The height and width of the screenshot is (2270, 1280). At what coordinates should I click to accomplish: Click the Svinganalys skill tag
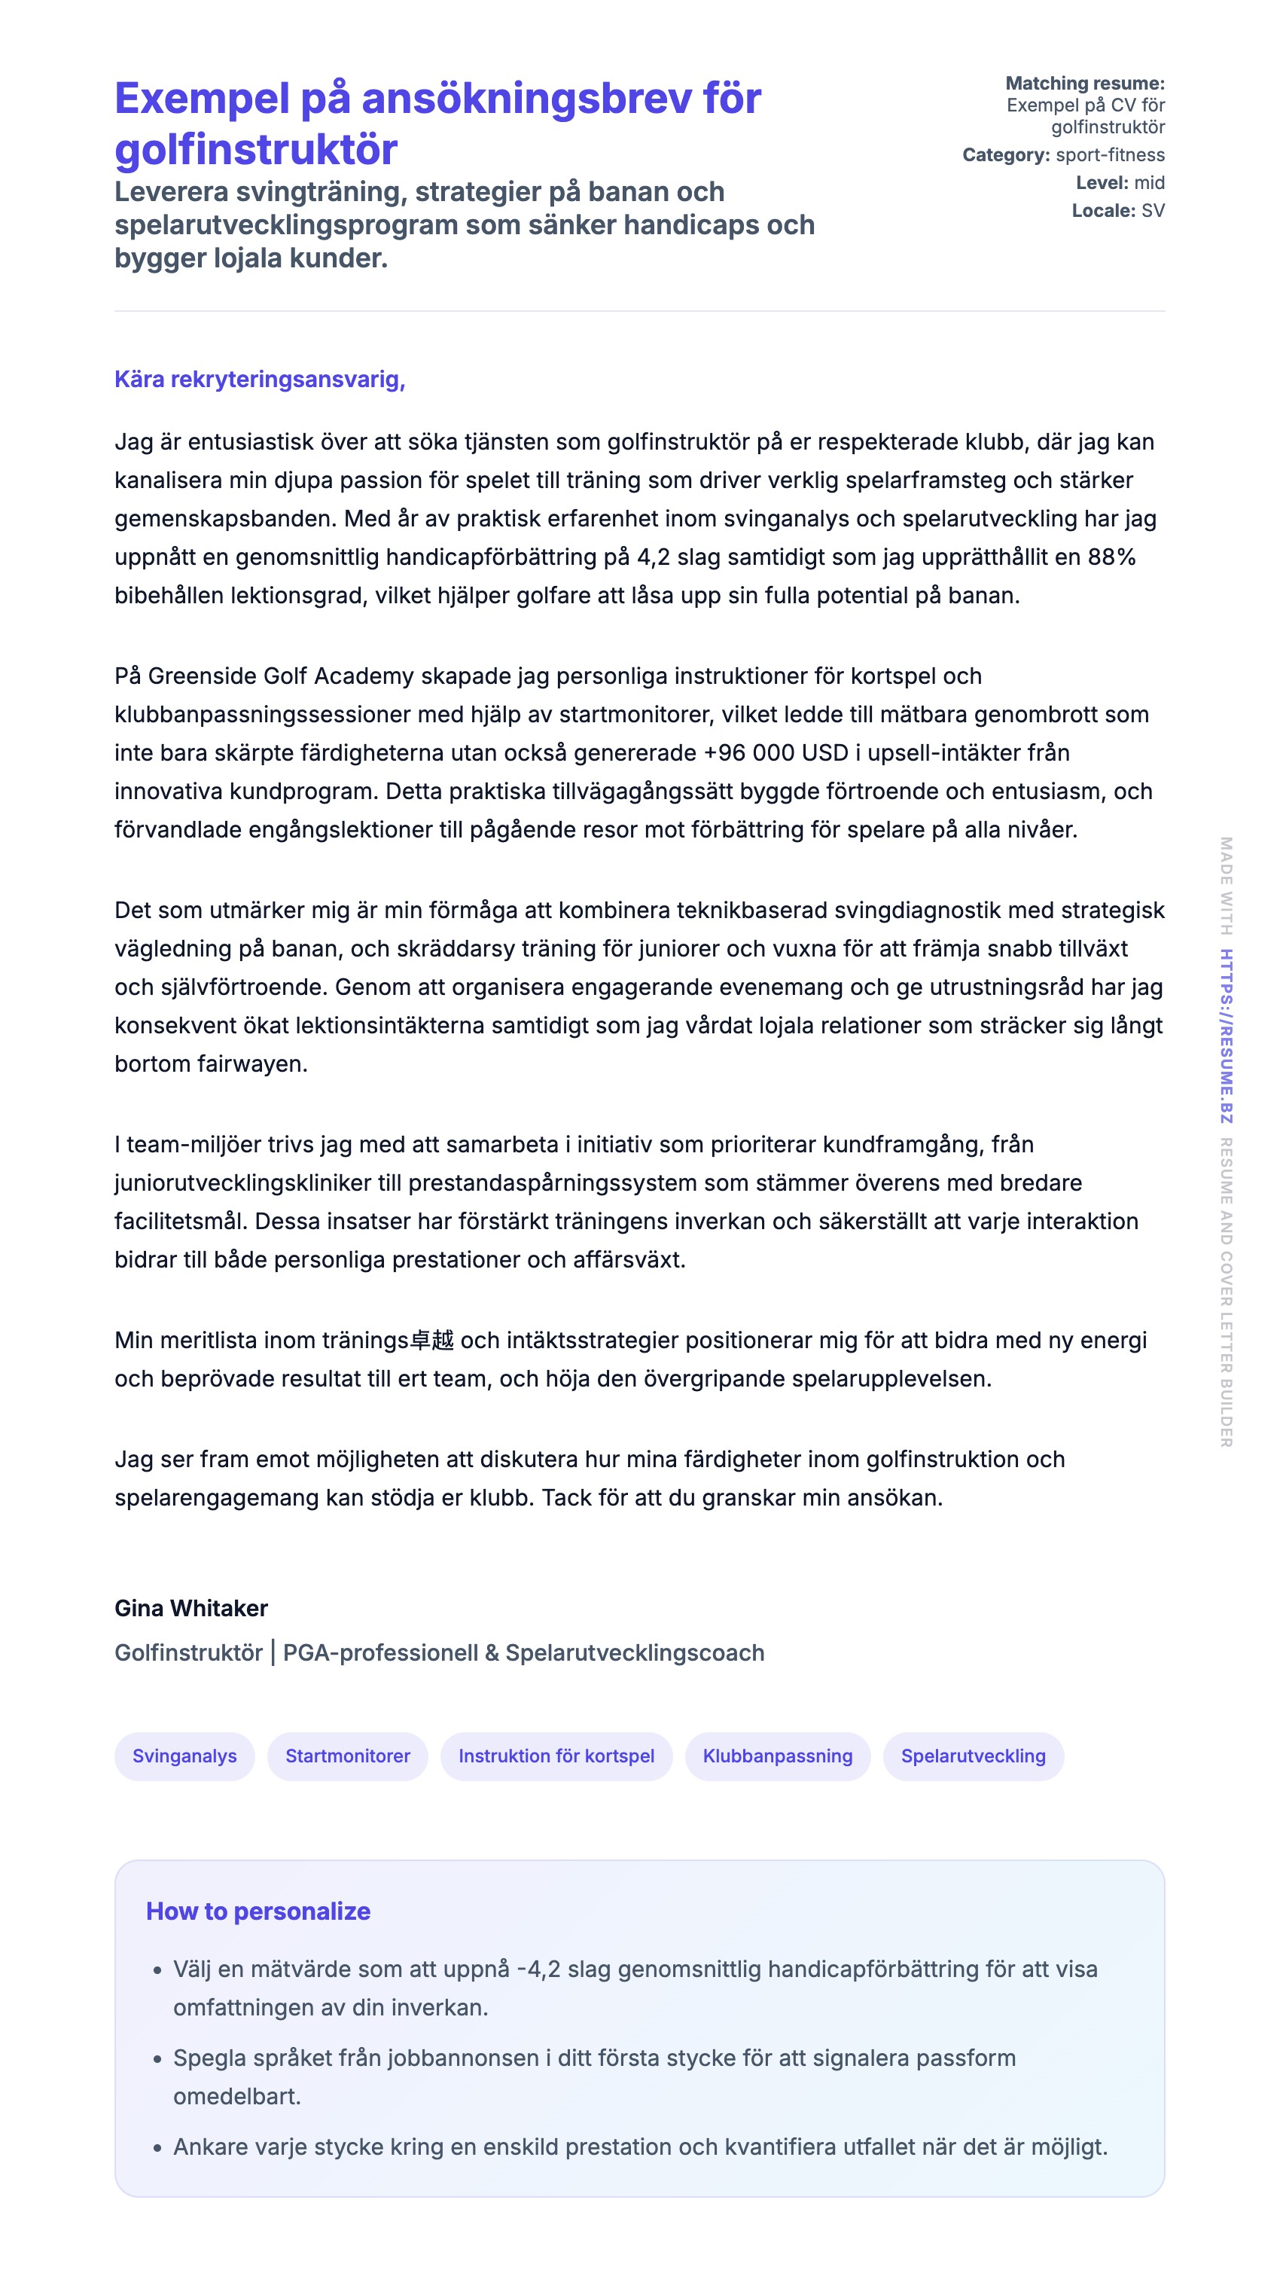click(x=184, y=1756)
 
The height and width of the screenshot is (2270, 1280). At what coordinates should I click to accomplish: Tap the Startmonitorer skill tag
click(x=347, y=1756)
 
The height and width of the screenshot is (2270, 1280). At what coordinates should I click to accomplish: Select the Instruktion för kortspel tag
click(x=556, y=1756)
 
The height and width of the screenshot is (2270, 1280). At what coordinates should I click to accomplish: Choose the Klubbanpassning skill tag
click(x=777, y=1756)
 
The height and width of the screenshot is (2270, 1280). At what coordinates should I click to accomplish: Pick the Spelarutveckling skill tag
click(x=973, y=1756)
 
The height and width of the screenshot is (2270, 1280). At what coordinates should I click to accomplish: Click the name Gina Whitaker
click(x=191, y=1608)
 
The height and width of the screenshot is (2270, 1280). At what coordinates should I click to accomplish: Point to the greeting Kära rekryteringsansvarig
click(x=259, y=379)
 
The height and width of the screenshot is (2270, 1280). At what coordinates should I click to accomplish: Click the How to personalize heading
click(x=258, y=1911)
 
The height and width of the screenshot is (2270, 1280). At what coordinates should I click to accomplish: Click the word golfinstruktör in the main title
click(x=255, y=149)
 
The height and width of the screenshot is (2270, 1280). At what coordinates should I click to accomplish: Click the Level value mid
click(x=1149, y=182)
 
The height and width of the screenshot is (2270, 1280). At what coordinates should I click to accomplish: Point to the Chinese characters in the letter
click(x=431, y=1341)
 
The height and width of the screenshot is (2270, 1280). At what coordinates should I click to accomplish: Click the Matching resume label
click(x=1084, y=84)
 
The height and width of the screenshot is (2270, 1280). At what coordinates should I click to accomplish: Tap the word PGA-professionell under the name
click(x=380, y=1652)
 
